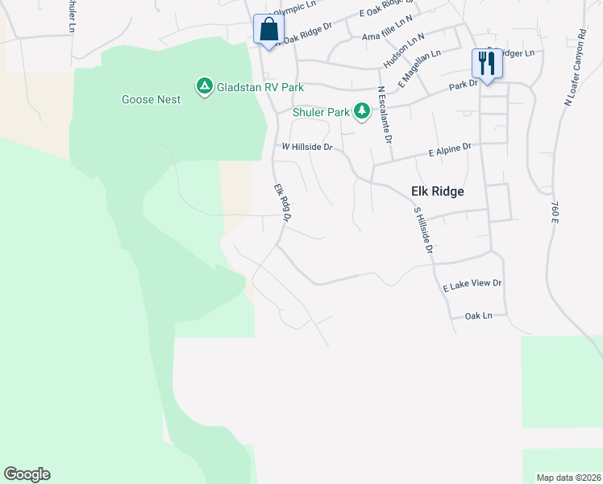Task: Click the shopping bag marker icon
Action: (x=267, y=30)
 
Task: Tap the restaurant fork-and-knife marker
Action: (x=486, y=63)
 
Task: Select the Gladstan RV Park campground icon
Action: (x=204, y=85)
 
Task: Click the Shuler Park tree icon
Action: (x=362, y=111)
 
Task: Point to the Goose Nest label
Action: (x=151, y=99)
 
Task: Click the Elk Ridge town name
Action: (x=432, y=191)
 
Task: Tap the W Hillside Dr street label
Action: (x=306, y=147)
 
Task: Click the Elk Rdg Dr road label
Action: (x=281, y=202)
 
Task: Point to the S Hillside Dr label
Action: (x=423, y=231)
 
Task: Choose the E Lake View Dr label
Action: (x=472, y=285)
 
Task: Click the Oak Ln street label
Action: (x=478, y=315)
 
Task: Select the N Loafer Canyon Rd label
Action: (x=575, y=69)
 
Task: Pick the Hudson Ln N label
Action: (x=403, y=51)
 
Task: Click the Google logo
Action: (x=27, y=474)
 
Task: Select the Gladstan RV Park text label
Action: (x=260, y=86)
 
